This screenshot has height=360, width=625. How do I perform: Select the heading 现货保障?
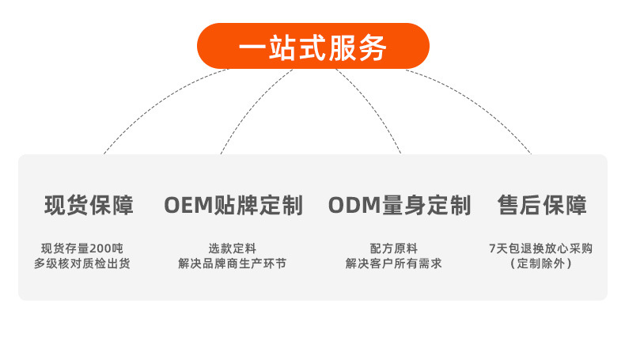(89, 206)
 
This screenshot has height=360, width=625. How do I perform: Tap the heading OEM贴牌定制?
(233, 206)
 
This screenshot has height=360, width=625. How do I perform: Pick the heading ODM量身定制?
(400, 206)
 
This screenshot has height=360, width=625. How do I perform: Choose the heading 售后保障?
(542, 206)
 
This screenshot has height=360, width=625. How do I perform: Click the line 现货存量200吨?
(82, 248)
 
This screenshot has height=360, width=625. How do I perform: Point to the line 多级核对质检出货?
(82, 263)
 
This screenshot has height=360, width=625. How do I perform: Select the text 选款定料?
(233, 248)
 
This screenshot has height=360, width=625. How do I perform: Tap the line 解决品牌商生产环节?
(233, 263)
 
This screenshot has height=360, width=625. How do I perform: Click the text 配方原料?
(393, 248)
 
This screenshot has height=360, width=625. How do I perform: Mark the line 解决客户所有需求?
(393, 263)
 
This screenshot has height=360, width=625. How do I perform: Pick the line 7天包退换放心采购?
(541, 248)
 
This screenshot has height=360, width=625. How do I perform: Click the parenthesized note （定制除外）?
(541, 263)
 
